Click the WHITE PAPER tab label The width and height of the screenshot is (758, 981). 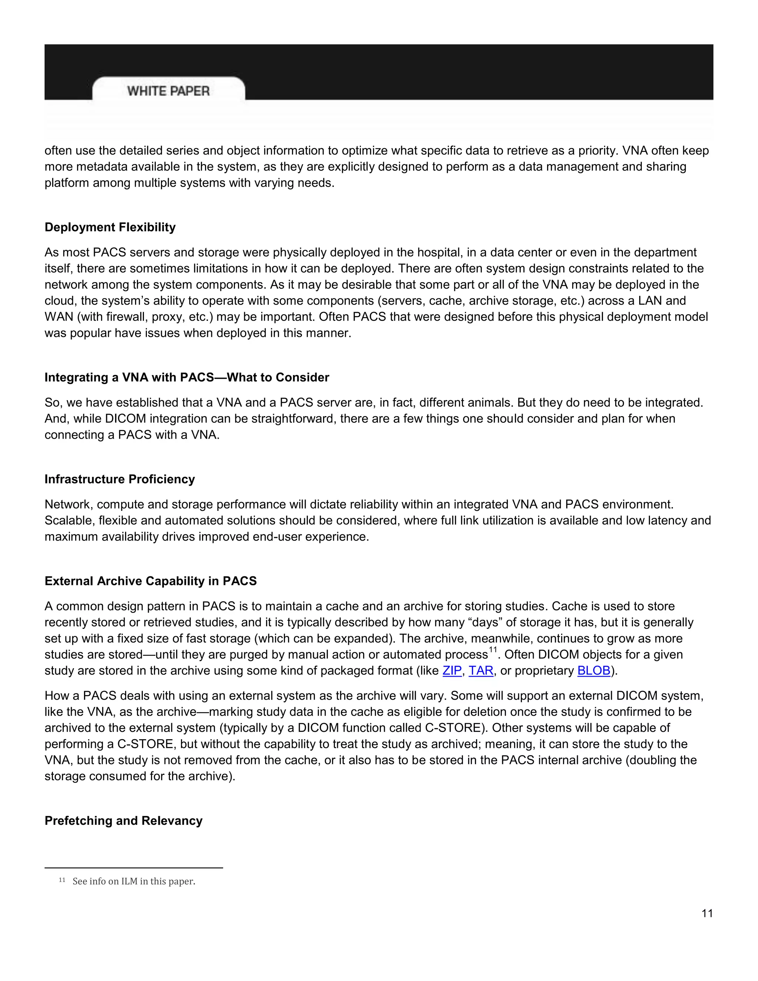pyautogui.click(x=168, y=91)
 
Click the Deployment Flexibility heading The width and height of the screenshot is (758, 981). pyautogui.click(x=110, y=227)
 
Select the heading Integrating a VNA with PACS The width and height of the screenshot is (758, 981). pyautogui.click(x=187, y=377)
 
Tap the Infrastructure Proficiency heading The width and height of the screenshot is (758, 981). pyautogui.click(x=120, y=479)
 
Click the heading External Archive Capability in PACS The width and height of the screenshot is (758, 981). pyautogui.click(x=150, y=581)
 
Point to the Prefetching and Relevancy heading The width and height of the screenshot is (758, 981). pyautogui.click(x=124, y=821)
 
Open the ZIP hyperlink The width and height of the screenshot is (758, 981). pyautogui.click(x=452, y=671)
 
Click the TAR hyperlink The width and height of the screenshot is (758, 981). pyautogui.click(x=481, y=671)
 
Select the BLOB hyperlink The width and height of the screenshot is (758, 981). pyautogui.click(x=594, y=671)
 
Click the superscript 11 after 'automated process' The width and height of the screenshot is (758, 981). pyautogui.click(x=493, y=650)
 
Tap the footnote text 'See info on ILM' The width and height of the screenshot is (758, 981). pyautogui.click(x=134, y=881)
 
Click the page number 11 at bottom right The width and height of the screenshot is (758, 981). pyautogui.click(x=707, y=913)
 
